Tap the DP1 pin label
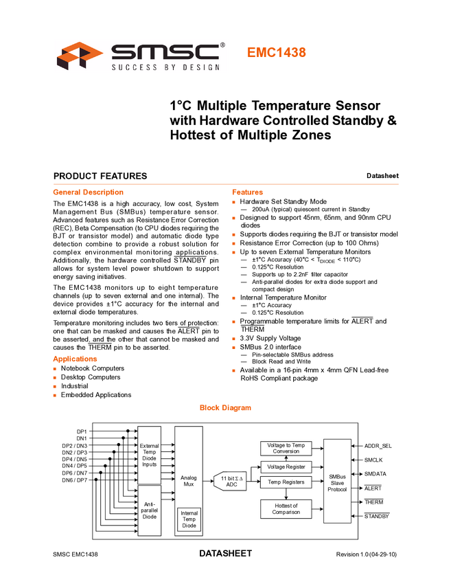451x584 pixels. (82, 431)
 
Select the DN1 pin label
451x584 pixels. (82, 438)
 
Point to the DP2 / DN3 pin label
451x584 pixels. (75, 446)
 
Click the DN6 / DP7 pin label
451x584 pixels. (75, 480)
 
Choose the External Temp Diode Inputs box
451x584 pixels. (149, 455)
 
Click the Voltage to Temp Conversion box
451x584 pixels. (286, 448)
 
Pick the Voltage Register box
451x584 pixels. (286, 467)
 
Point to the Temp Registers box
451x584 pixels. (286, 482)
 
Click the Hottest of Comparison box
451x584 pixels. (286, 509)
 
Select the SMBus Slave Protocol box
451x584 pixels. (337, 481)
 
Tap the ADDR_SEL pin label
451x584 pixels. (379, 446)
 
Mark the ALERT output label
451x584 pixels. (373, 488)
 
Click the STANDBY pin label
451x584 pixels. (376, 515)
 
